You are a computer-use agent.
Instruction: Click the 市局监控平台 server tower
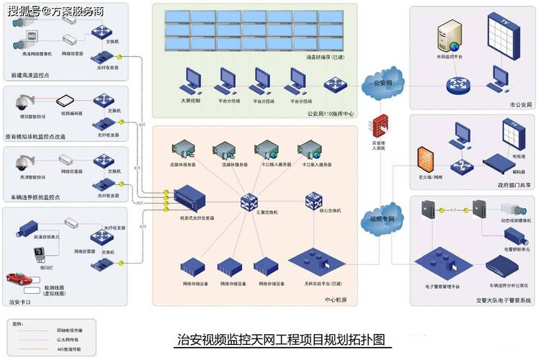coord(447,38)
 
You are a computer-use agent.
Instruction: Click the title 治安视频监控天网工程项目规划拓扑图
coord(281,339)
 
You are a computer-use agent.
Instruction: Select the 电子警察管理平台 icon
coord(437,260)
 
